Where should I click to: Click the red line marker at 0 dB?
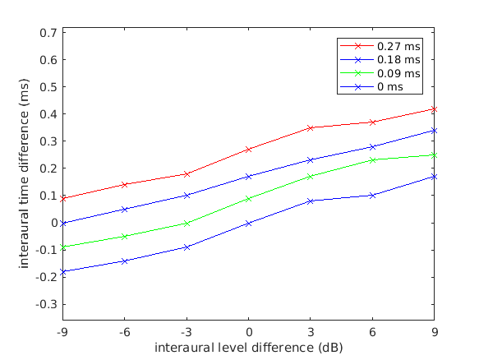pyautogui.click(x=248, y=150)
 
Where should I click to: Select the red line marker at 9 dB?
pyautogui.click(x=434, y=108)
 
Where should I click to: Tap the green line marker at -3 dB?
pyautogui.click(x=187, y=223)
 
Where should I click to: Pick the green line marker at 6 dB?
pyautogui.click(x=372, y=159)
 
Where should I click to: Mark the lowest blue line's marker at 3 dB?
pyautogui.click(x=311, y=201)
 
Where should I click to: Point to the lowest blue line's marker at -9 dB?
pyautogui.click(x=62, y=271)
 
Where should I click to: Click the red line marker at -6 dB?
pyautogui.click(x=124, y=185)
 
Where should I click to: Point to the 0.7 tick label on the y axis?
pyautogui.click(x=48, y=33)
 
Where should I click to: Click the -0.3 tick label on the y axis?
pyautogui.click(x=46, y=304)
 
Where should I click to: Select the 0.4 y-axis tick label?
pyautogui.click(x=48, y=114)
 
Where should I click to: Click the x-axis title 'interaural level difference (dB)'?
pyautogui.click(x=249, y=347)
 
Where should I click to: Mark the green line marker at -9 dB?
pyautogui.click(x=62, y=247)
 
